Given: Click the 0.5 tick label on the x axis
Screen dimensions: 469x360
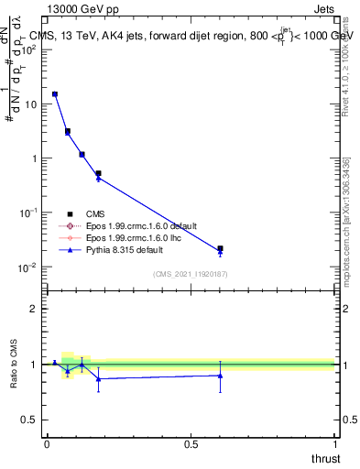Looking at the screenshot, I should pyautogui.click(x=191, y=443).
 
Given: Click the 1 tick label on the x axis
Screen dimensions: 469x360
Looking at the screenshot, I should pyautogui.click(x=334, y=443).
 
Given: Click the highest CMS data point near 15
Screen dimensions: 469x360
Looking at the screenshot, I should pyautogui.click(x=55, y=93).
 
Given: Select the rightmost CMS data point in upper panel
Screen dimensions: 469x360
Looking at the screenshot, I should pyautogui.click(x=220, y=248).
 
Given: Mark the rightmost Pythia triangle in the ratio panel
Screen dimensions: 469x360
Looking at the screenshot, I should pyautogui.click(x=220, y=376).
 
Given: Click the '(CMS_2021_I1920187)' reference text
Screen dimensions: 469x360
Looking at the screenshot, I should pyautogui.click(x=190, y=274).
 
